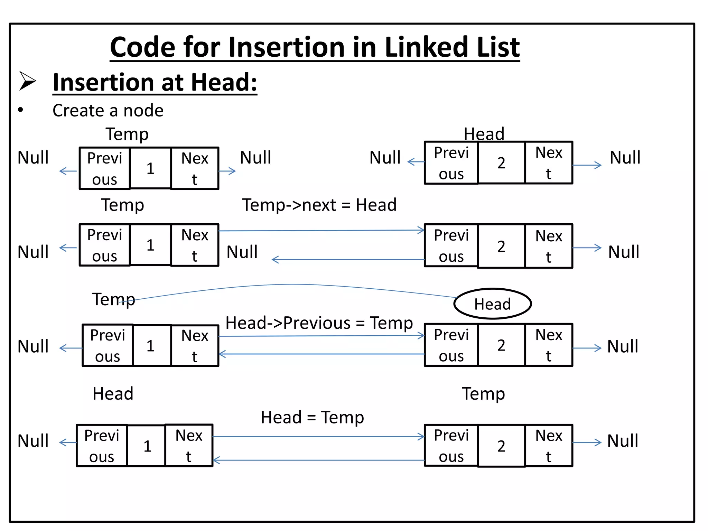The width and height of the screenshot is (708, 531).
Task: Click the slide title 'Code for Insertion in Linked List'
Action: tap(315, 47)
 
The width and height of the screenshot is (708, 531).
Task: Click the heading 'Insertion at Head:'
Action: tap(155, 82)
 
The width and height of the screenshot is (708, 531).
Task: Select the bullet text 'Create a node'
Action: tap(108, 111)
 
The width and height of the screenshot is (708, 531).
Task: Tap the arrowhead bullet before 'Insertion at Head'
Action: tap(27, 81)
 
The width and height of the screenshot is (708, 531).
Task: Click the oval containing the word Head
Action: tap(492, 304)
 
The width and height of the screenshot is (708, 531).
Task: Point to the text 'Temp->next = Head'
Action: tap(319, 205)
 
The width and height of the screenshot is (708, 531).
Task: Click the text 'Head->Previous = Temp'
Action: tap(319, 323)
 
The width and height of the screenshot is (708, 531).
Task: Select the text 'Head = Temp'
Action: tap(312, 417)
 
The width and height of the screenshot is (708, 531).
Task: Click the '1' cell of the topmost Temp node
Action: tap(150, 168)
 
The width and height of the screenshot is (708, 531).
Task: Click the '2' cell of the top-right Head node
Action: tap(501, 163)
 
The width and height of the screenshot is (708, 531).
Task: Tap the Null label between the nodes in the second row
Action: tap(242, 252)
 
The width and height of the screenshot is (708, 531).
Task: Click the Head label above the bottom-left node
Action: tap(113, 394)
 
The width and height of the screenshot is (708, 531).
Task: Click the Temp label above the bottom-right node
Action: tap(483, 394)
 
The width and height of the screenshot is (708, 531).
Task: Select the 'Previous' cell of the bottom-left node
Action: tap(102, 446)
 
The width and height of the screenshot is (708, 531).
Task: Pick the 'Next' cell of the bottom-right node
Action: tap(549, 446)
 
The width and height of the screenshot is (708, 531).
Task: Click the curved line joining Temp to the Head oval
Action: tap(294, 285)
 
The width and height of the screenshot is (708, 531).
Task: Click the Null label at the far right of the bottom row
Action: tap(623, 441)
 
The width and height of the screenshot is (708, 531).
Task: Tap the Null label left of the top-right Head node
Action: tap(385, 158)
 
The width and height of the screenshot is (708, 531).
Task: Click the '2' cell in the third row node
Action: tap(501, 345)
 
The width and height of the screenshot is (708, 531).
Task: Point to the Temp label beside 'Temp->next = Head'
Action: tap(122, 205)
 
